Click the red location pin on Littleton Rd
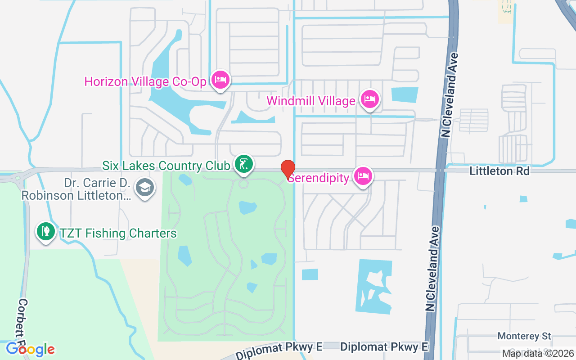[x=288, y=169]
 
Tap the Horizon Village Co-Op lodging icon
[x=220, y=80]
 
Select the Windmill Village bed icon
[x=370, y=100]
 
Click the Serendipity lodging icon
[x=363, y=176]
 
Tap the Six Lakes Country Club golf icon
[x=243, y=164]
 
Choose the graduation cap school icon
[x=144, y=189]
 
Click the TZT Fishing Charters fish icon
[x=45, y=232]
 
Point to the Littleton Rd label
[x=499, y=171]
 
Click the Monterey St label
[x=524, y=336]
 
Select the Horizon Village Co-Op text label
[x=145, y=81]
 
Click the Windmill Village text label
[x=311, y=101]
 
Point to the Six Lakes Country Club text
[x=166, y=166]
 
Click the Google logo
[x=30, y=349]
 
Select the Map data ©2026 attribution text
[x=538, y=353]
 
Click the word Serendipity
[x=319, y=178]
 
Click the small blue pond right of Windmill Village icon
[x=405, y=95]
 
